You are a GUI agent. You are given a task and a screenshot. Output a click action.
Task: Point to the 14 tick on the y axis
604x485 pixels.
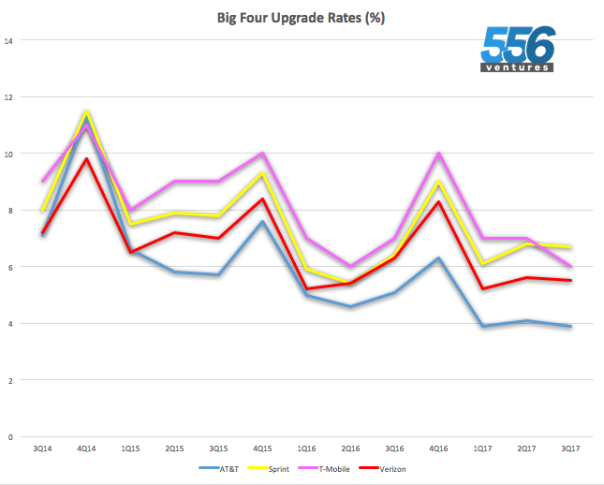8,40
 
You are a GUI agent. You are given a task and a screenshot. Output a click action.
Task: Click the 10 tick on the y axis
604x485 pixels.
8,154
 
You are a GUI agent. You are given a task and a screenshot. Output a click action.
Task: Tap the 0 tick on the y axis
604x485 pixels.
10,436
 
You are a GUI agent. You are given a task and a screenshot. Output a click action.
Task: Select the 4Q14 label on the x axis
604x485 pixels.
87,449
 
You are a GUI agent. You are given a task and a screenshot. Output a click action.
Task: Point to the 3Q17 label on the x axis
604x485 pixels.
570,449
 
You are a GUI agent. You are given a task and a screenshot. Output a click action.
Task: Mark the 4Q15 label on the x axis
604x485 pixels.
264,449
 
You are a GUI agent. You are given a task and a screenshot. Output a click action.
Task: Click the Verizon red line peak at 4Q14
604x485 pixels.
87,158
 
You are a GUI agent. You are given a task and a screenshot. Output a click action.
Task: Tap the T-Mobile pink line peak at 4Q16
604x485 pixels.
439,154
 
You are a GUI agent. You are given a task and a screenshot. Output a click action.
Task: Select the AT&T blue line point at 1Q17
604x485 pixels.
483,326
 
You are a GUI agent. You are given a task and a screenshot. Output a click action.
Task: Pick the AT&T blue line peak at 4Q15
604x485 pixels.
264,221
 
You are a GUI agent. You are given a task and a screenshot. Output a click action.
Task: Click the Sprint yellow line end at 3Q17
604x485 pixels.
570,247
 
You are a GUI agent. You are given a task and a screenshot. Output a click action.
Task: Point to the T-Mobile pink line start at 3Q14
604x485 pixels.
43,182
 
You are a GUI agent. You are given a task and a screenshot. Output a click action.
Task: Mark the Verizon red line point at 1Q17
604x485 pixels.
483,288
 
